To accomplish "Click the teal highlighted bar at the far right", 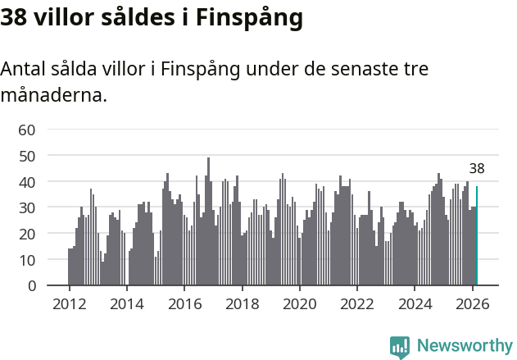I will (x=477, y=236).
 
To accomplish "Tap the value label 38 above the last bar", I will (x=477, y=169).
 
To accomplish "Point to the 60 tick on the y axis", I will (x=27, y=130).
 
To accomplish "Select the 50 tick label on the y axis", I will (x=27, y=155).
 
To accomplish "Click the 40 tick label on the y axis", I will (x=27, y=181).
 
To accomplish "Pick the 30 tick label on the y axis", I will (x=27, y=207).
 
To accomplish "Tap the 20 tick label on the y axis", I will (x=27, y=234).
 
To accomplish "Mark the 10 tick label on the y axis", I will (x=27, y=260).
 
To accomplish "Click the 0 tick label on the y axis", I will (x=31, y=286).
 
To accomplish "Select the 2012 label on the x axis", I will (x=69, y=303).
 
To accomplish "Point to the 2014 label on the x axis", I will (x=127, y=303).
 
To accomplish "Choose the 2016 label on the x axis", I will (x=184, y=303).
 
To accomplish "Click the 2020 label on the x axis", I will (x=300, y=303).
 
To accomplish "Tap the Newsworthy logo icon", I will (x=400, y=346).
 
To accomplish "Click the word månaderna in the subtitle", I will (x=53, y=94).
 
